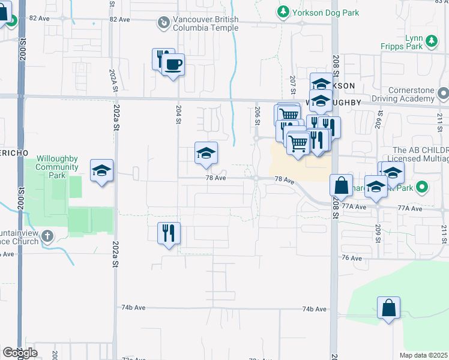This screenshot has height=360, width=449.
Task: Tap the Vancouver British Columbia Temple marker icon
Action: (x=163, y=23)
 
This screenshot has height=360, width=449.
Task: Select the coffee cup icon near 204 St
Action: (x=173, y=64)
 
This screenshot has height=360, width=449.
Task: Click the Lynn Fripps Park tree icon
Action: (x=431, y=41)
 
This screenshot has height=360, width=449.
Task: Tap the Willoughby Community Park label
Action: (x=58, y=167)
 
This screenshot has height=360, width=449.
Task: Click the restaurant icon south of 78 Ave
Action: (x=169, y=232)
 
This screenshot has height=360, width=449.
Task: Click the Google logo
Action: (x=20, y=353)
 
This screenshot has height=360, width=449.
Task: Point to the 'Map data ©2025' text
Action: (x=423, y=355)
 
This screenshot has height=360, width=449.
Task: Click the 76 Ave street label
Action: (x=351, y=258)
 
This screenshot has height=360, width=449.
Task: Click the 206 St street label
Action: (x=257, y=113)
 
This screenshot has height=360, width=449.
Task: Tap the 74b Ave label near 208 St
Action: (x=314, y=309)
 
